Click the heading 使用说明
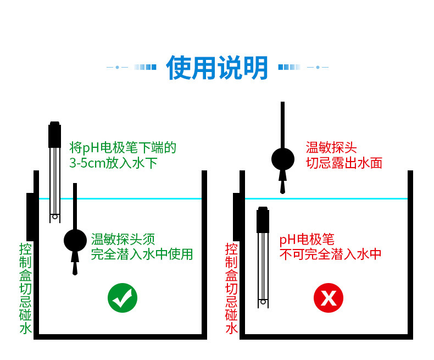(x=217, y=68)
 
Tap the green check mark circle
(x=122, y=298)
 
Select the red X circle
(x=328, y=298)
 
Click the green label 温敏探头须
(x=123, y=239)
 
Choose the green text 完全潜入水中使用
(x=142, y=254)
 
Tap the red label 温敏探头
(x=331, y=147)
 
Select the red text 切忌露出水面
(x=344, y=163)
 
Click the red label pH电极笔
(x=307, y=239)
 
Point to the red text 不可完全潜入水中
(x=330, y=254)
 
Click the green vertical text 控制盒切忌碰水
(x=25, y=288)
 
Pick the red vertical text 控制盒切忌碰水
(x=231, y=288)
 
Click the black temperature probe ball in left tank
(x=75, y=240)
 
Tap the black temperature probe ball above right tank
(x=283, y=159)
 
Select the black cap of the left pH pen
(x=54, y=135)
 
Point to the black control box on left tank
(x=32, y=216)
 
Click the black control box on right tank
(x=238, y=216)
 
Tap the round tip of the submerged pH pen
(x=263, y=302)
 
